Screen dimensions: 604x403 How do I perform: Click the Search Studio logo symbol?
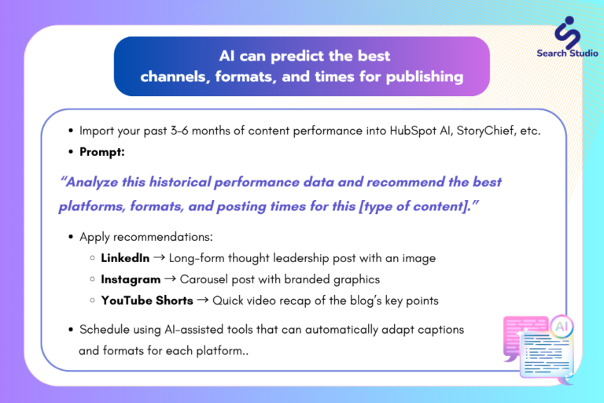(567, 32)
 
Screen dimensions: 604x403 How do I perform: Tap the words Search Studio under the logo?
(567, 54)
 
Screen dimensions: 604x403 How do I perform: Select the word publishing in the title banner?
(425, 77)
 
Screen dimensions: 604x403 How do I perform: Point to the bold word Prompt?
(102, 152)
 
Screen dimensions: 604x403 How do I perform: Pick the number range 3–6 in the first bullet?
(179, 131)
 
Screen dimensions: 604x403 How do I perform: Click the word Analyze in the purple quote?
(92, 182)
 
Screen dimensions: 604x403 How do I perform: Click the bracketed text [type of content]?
(413, 206)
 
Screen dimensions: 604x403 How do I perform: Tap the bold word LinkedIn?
(125, 258)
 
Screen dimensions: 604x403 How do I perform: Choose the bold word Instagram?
(131, 279)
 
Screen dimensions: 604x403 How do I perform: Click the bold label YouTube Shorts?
(147, 301)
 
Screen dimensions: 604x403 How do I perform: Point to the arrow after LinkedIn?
(159, 257)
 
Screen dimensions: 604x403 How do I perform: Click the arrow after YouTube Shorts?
(203, 300)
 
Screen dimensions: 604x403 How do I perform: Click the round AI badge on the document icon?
(562, 327)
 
